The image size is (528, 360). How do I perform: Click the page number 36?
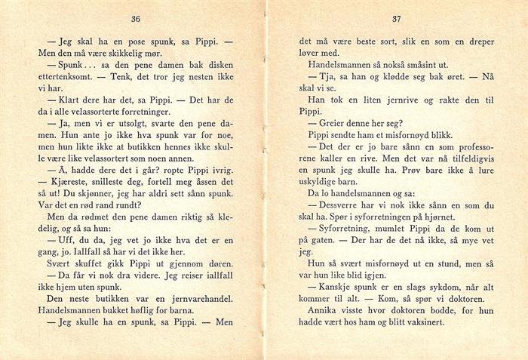(137, 18)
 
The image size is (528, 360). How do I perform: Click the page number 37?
(394, 18)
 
